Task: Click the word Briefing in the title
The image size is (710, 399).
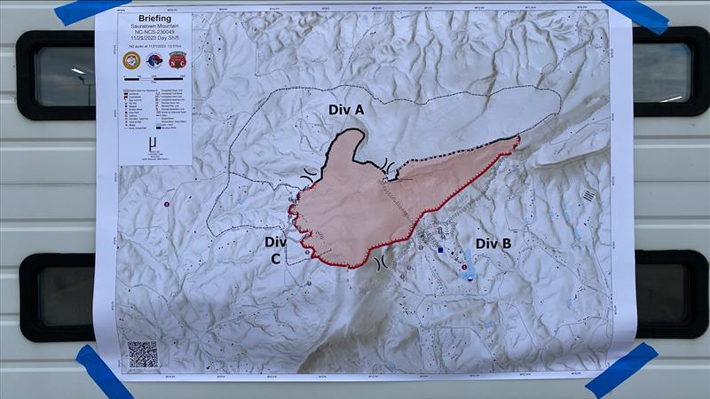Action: click(155, 18)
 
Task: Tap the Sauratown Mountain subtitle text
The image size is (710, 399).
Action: click(155, 26)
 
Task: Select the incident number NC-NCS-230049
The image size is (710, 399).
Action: click(155, 32)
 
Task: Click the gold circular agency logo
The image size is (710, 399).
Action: click(131, 60)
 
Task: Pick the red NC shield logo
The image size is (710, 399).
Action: click(177, 60)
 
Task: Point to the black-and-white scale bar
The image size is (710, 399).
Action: click(154, 78)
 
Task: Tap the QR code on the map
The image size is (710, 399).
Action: click(142, 354)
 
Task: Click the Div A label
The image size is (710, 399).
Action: click(346, 110)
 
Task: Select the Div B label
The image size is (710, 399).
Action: click(493, 244)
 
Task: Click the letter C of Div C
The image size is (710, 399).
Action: click(275, 259)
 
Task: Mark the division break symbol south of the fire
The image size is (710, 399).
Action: click(381, 263)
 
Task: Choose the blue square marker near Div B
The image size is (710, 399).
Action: click(440, 250)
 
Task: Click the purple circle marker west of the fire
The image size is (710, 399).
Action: click(167, 204)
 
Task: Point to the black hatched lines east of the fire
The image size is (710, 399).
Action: click(589, 195)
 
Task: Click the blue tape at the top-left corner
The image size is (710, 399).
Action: click(92, 11)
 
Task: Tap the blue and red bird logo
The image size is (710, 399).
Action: click(154, 60)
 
